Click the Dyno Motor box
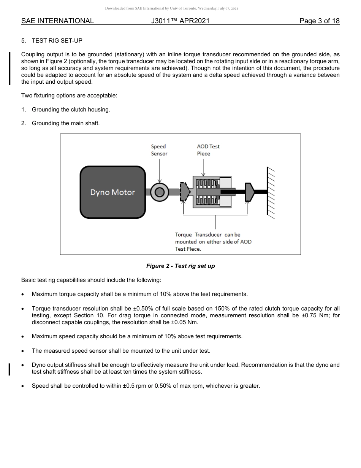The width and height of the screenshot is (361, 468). tap(112, 192)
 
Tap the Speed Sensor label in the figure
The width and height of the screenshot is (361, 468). tap(159, 150)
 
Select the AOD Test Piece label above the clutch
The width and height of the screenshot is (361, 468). tap(208, 150)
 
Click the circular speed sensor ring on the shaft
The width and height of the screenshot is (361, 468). tap(160, 192)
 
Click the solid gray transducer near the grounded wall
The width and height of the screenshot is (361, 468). tap(249, 192)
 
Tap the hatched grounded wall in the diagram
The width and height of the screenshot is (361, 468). tap(271, 192)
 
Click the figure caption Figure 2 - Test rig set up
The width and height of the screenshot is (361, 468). tap(180, 266)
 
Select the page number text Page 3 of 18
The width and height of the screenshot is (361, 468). tap(319, 21)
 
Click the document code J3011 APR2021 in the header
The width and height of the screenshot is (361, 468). tap(180, 21)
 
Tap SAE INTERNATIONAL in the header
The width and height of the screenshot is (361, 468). tap(57, 21)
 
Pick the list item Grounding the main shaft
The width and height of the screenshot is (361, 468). tap(66, 123)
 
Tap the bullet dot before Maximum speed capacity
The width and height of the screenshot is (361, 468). tap(24, 337)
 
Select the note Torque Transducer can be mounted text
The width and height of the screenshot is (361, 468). tap(213, 242)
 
